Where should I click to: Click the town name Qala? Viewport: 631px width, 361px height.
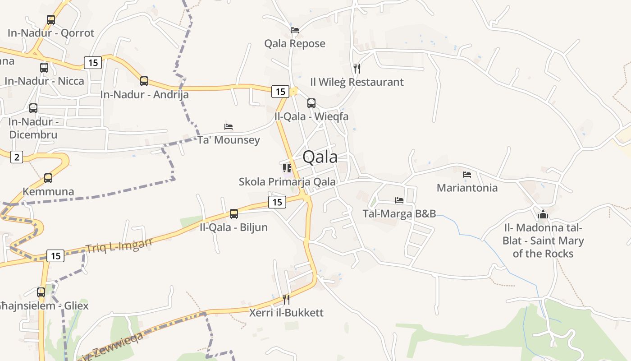(x=320, y=157)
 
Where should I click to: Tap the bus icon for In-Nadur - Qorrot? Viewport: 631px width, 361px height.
(x=51, y=20)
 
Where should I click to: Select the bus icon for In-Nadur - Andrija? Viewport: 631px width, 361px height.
(x=144, y=81)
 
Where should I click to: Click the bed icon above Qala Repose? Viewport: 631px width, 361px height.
(x=295, y=30)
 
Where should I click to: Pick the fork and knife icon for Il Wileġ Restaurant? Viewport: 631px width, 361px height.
(x=357, y=69)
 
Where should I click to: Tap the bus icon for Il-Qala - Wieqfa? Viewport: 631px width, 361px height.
(x=311, y=103)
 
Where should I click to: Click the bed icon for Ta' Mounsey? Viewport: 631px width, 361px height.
(x=229, y=127)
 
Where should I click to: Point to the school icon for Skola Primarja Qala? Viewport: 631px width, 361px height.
(x=287, y=168)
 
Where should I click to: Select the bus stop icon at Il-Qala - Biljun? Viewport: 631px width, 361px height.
(x=234, y=214)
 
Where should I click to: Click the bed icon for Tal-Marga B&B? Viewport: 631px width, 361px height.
(x=399, y=200)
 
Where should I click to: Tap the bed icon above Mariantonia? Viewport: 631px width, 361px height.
(x=467, y=174)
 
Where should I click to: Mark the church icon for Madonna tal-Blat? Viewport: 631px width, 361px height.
(x=543, y=214)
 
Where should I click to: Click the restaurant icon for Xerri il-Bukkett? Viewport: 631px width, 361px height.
(x=286, y=299)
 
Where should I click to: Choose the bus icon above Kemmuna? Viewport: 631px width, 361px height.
(x=48, y=178)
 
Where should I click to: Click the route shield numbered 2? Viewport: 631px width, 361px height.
(x=17, y=157)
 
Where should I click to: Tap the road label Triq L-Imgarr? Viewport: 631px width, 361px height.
(x=119, y=245)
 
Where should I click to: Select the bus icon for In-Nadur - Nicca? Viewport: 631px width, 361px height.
(x=44, y=68)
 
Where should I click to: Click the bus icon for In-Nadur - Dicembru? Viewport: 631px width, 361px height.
(x=33, y=108)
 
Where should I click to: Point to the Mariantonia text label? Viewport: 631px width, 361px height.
(x=467, y=188)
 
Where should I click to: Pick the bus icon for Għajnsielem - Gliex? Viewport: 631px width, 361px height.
(x=41, y=292)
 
